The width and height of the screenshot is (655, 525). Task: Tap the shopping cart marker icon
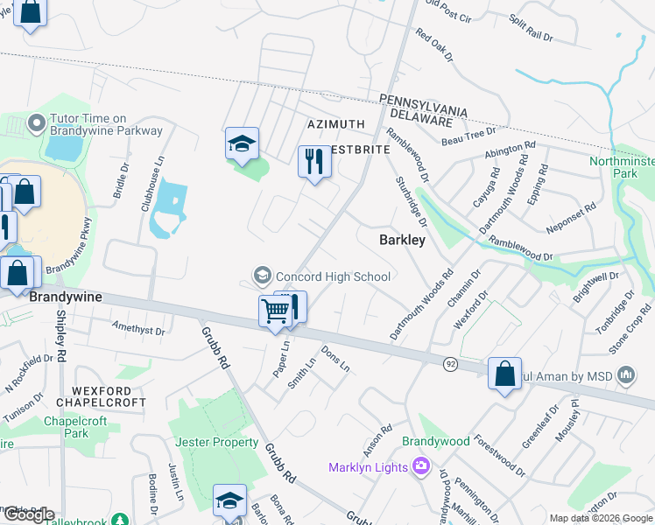click(276, 311)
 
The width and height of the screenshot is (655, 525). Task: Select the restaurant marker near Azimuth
click(313, 161)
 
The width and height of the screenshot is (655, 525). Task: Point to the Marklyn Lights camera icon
click(422, 466)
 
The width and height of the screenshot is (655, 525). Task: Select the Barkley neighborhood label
click(402, 240)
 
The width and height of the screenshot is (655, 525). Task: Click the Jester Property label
click(217, 443)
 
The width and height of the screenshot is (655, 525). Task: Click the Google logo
click(30, 514)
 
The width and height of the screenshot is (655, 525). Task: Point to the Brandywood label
click(436, 441)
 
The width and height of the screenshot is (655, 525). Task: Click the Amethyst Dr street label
click(138, 328)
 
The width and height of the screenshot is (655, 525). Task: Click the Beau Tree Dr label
click(469, 135)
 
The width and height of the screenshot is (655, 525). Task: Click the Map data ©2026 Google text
click(600, 518)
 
